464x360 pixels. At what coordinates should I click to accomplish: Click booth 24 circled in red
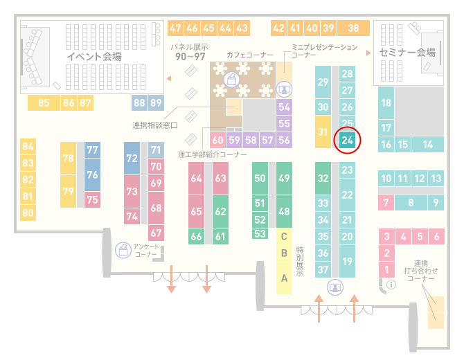pos(347,140)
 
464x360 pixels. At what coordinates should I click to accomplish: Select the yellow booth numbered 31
pos(323,132)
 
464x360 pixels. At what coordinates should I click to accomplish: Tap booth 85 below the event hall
pos(44,102)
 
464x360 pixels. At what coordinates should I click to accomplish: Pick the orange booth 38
pos(354,28)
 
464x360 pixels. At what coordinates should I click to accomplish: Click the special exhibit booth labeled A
pos(284,278)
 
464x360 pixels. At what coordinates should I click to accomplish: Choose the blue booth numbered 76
pos(92,174)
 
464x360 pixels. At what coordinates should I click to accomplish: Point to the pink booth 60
pos(217,140)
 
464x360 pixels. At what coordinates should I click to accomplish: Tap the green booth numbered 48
pos(284,211)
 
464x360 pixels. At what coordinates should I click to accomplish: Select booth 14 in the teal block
pos(427,145)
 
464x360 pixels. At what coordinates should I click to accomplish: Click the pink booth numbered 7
pos(386,202)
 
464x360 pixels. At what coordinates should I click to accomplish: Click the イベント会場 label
pos(94,56)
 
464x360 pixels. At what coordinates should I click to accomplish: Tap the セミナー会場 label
pos(407,53)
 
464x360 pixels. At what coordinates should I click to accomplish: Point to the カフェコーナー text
pos(250,55)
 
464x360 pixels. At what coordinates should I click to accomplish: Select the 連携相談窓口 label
pos(155,125)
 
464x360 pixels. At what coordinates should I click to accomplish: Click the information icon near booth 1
pos(391,285)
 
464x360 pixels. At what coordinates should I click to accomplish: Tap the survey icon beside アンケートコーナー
pos(123,250)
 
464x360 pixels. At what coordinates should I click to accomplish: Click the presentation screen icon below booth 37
pos(335,287)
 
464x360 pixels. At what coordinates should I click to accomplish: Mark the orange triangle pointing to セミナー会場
pos(368,53)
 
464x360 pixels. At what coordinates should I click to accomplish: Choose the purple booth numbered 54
pos(284,107)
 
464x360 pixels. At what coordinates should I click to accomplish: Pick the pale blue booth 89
pos(156,102)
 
